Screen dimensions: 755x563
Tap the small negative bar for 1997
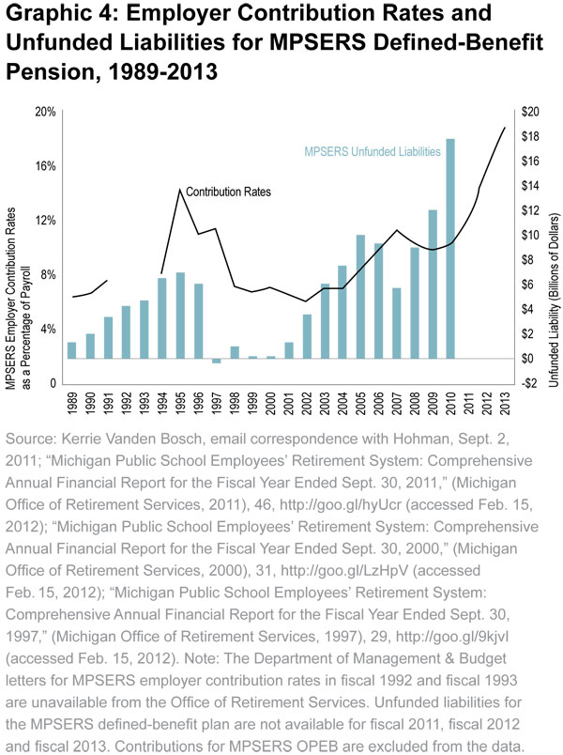click(217, 361)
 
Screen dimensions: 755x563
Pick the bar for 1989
click(71, 349)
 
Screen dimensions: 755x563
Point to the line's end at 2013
click(505, 128)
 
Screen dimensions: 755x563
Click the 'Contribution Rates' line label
click(228, 192)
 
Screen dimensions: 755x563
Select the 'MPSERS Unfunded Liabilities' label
click(373, 150)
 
